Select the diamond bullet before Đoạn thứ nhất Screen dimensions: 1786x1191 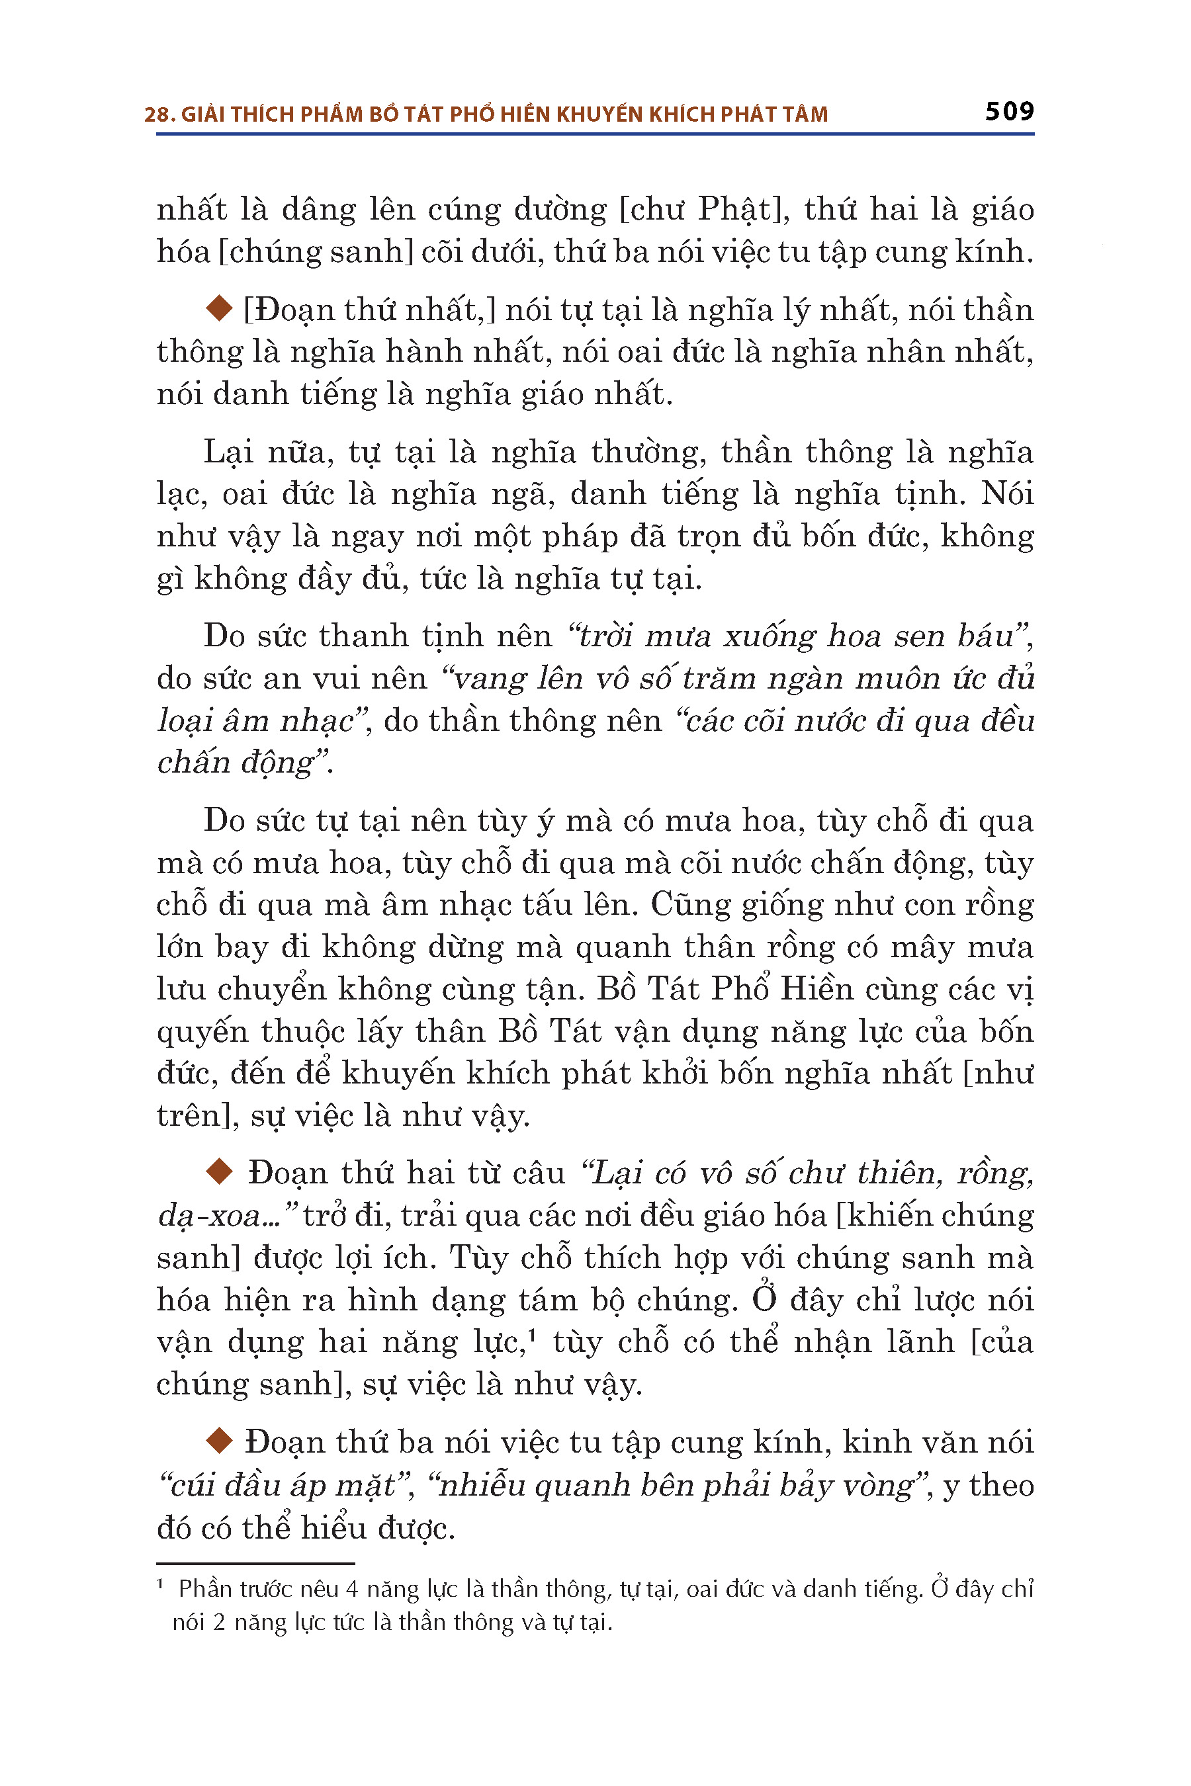tap(220, 309)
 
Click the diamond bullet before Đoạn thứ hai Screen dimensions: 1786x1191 tap(220, 1172)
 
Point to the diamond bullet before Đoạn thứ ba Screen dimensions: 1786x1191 tap(220, 1441)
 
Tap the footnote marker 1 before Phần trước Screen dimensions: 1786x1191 tap(160, 1585)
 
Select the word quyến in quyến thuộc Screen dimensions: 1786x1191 tap(201, 1032)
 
